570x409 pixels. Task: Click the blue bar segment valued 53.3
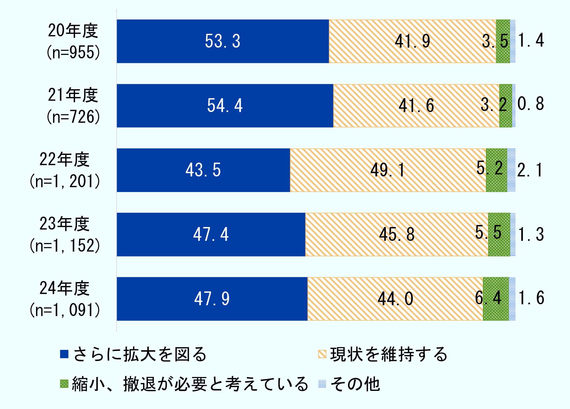pos(223,41)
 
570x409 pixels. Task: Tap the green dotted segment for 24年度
pos(496,299)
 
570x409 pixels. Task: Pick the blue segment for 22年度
pos(203,170)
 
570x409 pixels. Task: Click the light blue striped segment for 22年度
pos(511,170)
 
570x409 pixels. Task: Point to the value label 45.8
pos(397,234)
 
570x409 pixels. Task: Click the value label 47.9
pos(212,299)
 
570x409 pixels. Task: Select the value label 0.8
pos(530,104)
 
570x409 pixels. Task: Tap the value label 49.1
pos(387,170)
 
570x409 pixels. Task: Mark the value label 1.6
pos(531,298)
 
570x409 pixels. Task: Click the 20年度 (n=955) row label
pos(73,41)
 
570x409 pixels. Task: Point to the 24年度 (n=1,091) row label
pos(65,299)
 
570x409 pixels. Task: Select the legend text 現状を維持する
pos(388,354)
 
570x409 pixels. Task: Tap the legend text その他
pos(355,384)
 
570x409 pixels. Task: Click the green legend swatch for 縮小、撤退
pos(64,384)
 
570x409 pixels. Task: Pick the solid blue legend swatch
pos(64,354)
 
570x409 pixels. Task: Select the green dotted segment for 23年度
pos(499,234)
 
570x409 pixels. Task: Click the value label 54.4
pos(225,106)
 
